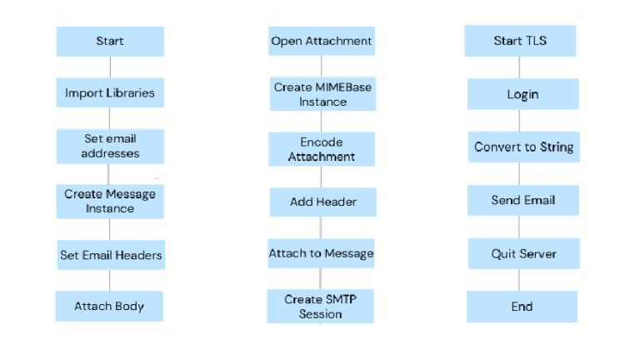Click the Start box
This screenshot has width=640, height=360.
(110, 41)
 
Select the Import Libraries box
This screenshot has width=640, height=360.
(110, 92)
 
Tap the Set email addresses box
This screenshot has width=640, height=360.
(110, 146)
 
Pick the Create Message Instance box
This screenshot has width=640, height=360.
(110, 201)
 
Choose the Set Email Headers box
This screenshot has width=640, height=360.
(111, 255)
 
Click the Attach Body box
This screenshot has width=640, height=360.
(109, 306)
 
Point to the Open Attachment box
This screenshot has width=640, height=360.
(322, 41)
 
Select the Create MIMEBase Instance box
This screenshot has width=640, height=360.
(322, 94)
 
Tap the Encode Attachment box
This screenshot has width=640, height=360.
(322, 149)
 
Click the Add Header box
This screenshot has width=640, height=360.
(322, 202)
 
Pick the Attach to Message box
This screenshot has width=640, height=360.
(321, 253)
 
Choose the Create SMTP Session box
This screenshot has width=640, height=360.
(320, 306)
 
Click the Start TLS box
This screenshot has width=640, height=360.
(520, 41)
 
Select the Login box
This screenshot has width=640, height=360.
(523, 94)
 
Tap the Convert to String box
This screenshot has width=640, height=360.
(524, 147)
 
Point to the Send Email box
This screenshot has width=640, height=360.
(523, 200)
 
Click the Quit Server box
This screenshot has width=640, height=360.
(524, 253)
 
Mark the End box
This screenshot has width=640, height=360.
(522, 307)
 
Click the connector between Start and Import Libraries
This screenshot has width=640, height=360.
(110, 67)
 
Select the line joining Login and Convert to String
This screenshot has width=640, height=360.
(519, 120)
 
